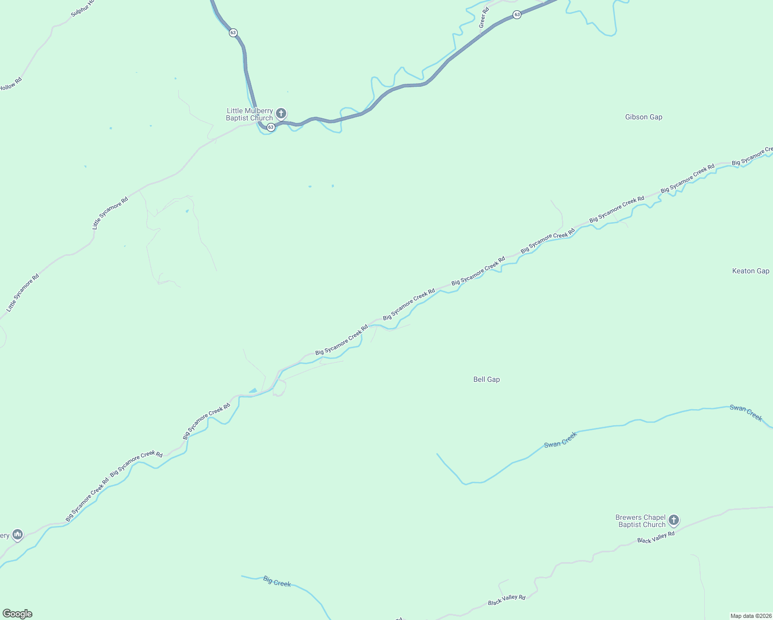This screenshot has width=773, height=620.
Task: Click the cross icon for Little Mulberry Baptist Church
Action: tap(281, 113)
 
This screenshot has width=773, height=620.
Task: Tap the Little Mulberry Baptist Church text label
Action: tap(250, 114)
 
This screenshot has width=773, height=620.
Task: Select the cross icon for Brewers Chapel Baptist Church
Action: tap(673, 520)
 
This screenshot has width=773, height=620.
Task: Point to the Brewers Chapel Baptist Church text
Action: tap(640, 521)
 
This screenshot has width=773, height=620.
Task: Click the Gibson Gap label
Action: tap(643, 117)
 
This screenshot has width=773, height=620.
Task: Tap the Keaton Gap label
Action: tap(750, 271)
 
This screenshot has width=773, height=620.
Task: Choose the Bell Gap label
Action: tap(486, 379)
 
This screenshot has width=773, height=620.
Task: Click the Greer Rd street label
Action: tap(483, 18)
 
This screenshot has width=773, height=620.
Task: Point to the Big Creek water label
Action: tap(277, 581)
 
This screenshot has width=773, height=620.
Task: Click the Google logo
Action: tap(17, 614)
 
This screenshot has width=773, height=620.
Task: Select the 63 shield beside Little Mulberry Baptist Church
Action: tap(271, 127)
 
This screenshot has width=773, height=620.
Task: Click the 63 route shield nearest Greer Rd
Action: tap(517, 15)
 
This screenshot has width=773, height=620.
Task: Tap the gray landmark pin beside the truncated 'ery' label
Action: tap(18, 534)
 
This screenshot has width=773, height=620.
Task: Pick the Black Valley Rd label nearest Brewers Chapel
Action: tap(656, 537)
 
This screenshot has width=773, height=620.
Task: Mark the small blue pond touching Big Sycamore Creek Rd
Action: tap(253, 391)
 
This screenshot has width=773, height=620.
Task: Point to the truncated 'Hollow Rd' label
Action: tap(10, 84)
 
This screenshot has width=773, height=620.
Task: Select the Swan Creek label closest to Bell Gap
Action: tap(560, 440)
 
